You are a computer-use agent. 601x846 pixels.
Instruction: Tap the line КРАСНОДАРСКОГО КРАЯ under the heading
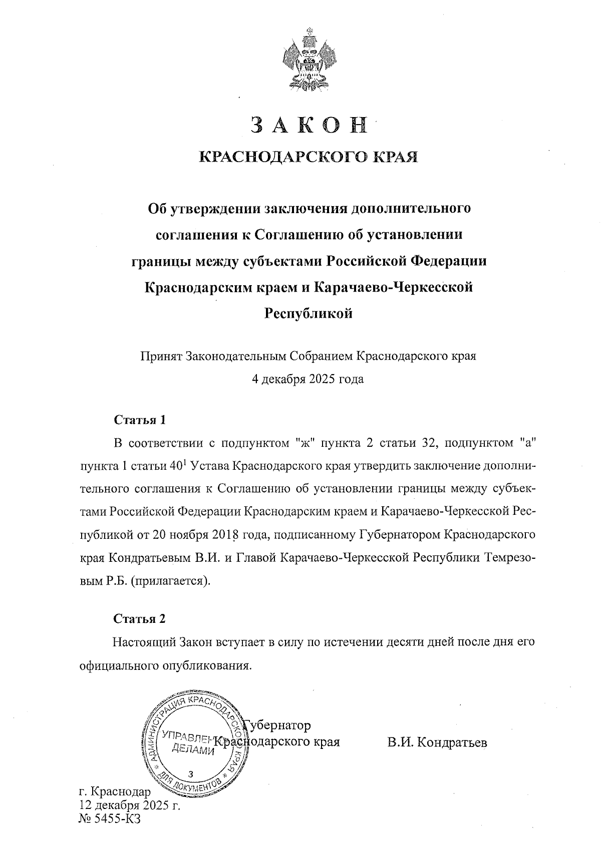pos(309,157)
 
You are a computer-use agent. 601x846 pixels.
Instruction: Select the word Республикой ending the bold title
pos(308,314)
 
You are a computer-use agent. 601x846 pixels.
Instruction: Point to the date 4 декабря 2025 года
pos(308,379)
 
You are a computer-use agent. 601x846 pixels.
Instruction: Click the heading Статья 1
pos(139,419)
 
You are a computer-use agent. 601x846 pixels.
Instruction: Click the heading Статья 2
pos(139,619)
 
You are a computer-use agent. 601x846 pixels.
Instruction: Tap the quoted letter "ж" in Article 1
pos(304,443)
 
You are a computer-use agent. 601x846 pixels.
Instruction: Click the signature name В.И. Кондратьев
pos(437,742)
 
